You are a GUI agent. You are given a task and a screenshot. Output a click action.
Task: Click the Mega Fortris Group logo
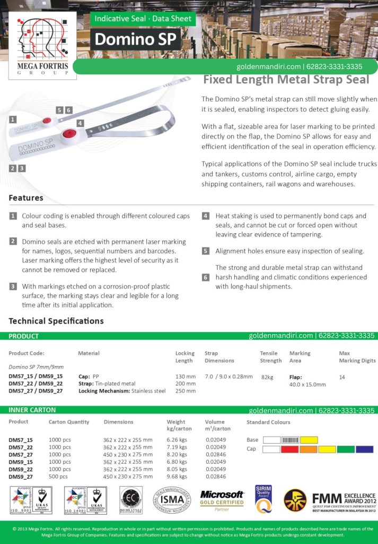[43, 45]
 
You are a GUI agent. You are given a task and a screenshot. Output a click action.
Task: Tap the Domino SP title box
[135, 39]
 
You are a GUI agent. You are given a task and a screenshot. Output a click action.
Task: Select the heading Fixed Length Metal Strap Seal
[286, 80]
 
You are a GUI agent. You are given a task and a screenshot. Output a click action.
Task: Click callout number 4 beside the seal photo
[80, 123]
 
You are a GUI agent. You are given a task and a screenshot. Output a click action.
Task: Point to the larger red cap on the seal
[67, 134]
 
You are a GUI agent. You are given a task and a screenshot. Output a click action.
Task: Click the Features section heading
[26, 198]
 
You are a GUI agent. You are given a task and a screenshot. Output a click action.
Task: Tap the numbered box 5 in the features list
[205, 251]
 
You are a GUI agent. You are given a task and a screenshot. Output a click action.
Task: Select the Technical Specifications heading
[56, 321]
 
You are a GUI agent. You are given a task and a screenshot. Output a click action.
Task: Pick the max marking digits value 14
[342, 376]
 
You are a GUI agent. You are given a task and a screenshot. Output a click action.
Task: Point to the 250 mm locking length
[186, 391]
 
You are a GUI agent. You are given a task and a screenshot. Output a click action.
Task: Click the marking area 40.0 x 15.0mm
[307, 384]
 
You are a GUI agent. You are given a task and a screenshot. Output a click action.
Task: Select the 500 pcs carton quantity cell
[58, 477]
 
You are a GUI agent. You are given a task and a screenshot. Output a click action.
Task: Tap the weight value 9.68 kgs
[177, 477]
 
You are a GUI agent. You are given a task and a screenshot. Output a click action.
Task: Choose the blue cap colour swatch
[364, 449]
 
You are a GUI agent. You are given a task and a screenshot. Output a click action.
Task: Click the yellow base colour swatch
[309, 440]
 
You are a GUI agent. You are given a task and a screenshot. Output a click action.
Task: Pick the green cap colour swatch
[346, 449]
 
